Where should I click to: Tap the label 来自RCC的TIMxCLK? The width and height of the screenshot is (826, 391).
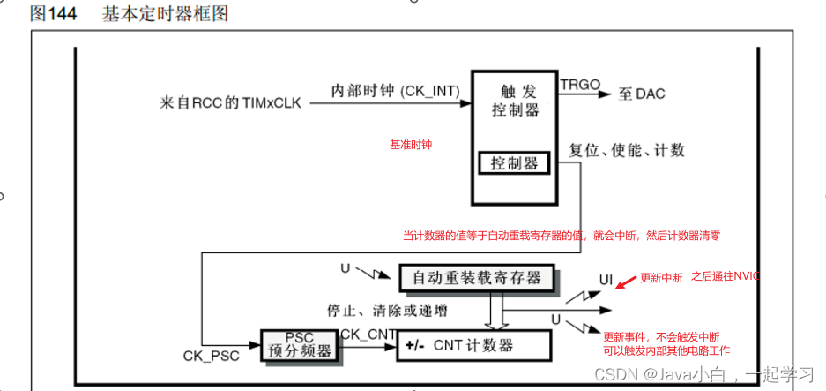pos(230,102)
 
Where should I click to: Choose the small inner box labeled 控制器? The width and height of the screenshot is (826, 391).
pos(513,164)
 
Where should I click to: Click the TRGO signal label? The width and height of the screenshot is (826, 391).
pos(580,85)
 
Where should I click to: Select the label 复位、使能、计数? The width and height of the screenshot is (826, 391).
pos(627,150)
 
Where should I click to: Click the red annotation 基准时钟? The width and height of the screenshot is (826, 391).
pos(411,144)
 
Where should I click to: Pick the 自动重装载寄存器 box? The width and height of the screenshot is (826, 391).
pos(477,277)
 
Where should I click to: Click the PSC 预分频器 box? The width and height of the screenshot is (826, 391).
pos(300,343)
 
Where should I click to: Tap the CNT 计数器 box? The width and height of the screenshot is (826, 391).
pos(473,345)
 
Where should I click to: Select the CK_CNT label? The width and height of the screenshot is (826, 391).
pos(368,334)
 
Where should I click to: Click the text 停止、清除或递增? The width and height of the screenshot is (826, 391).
pos(387,310)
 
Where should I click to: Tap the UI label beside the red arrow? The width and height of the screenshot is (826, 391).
pos(606,279)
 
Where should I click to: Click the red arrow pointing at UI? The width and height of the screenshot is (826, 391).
pos(626,282)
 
